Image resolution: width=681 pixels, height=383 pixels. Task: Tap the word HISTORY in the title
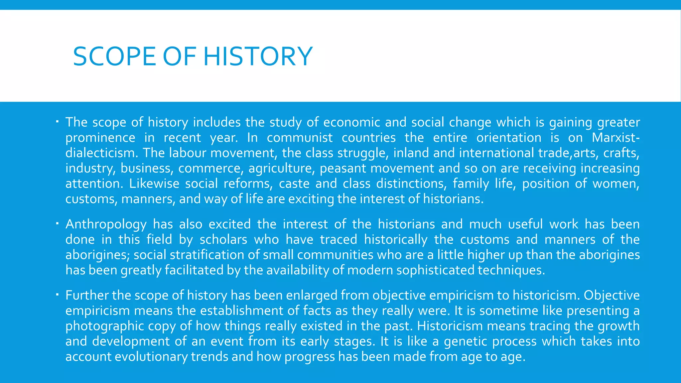pyautogui.click(x=258, y=57)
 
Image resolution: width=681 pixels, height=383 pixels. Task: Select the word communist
pyautogui.click(x=300, y=138)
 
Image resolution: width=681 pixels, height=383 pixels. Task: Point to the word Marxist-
pyautogui.click(x=615, y=138)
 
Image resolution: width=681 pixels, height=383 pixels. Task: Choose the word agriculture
pyautogui.click(x=281, y=168)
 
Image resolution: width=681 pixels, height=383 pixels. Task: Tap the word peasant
pyautogui.click(x=343, y=168)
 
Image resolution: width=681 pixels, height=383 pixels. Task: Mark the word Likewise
pyautogui.click(x=154, y=184)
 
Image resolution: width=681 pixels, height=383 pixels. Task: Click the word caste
pyautogui.click(x=294, y=184)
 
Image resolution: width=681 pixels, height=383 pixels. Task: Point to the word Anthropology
pyautogui.click(x=106, y=224)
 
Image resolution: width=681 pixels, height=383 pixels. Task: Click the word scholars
pyautogui.click(x=223, y=240)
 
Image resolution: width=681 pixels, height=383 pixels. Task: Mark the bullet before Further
pyautogui.click(x=57, y=294)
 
